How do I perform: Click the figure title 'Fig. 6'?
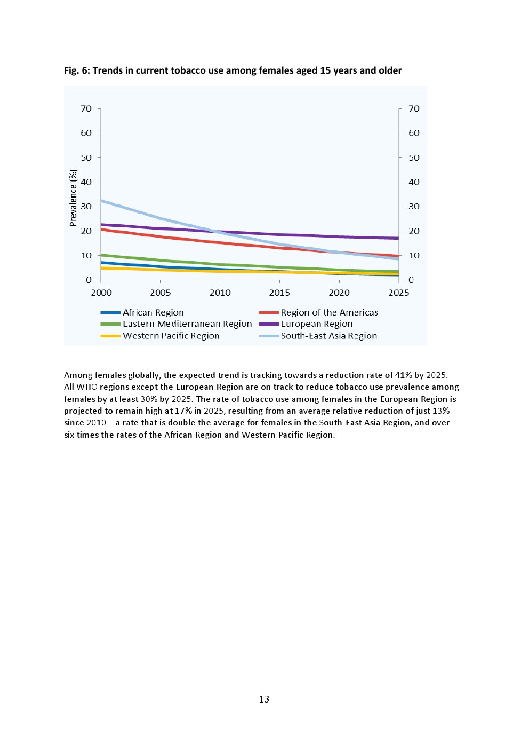(x=77, y=70)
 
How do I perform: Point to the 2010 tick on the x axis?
(x=220, y=293)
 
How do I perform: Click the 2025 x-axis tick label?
(x=398, y=293)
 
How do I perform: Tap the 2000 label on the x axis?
(x=101, y=293)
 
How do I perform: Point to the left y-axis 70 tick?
(x=86, y=108)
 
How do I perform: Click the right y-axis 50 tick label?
(x=414, y=157)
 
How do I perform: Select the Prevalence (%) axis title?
(x=73, y=198)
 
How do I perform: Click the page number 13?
(x=264, y=699)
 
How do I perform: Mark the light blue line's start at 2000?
(x=101, y=201)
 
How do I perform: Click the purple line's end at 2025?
(x=398, y=238)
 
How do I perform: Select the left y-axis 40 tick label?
(x=86, y=182)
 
